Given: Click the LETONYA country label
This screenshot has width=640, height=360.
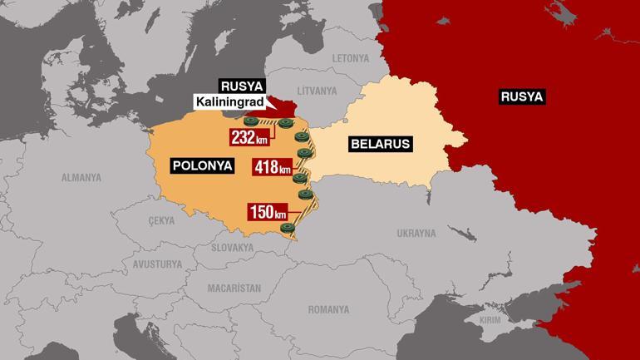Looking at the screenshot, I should [350, 58].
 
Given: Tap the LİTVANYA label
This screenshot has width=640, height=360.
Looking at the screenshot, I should [318, 90].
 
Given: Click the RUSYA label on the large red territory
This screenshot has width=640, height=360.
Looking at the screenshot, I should [521, 97].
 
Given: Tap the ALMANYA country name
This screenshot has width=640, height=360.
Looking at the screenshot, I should [81, 177].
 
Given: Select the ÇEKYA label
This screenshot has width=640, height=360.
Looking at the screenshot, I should [160, 220].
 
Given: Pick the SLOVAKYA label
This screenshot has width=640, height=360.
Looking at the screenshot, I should [232, 247].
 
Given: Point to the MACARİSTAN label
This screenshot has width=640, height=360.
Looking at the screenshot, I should [234, 288].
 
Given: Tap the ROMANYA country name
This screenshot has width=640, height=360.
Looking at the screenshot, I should [328, 309].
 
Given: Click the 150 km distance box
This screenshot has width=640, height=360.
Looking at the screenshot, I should [268, 211].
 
